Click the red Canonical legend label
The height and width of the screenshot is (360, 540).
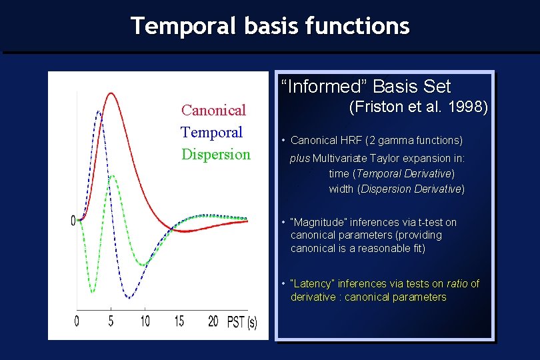coord(213,110)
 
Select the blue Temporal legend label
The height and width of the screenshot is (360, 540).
coord(211,132)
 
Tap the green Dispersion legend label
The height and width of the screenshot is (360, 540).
coord(216,155)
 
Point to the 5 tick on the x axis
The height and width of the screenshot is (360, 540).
coord(111,321)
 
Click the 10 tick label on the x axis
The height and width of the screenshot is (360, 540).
coord(145,321)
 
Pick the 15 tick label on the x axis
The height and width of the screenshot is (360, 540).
coord(179,321)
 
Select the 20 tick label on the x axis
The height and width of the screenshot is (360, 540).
coord(213,321)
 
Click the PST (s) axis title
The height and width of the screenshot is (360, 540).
coord(242,323)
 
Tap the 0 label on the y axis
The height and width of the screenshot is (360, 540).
coord(73,221)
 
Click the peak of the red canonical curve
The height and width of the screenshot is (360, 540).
coord(111,93)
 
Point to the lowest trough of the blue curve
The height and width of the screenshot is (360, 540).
coord(129,297)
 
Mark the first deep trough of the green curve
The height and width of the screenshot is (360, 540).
coord(92,292)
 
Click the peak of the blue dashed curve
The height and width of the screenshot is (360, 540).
coord(99,111)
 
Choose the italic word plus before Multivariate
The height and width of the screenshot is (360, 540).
coord(300,159)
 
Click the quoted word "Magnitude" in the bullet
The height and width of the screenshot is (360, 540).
coord(318,223)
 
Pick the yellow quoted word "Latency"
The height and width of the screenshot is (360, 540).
coord(313,283)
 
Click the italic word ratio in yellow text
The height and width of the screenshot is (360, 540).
coord(457,283)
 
